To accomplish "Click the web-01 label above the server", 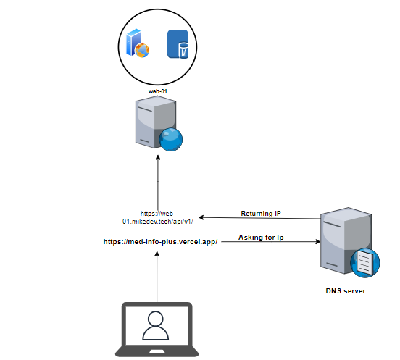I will click(x=158, y=92).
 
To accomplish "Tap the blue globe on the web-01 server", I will click(x=171, y=140).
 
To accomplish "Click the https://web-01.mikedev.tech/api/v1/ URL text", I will click(x=157, y=217).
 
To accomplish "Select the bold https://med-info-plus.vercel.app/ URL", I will click(x=161, y=241).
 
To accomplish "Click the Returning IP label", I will click(x=261, y=213).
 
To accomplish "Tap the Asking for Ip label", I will click(x=261, y=238).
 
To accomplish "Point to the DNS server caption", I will click(x=342, y=290).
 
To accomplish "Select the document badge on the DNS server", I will click(x=364, y=262).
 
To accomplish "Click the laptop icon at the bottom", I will click(x=156, y=330).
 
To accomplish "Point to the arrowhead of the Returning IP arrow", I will click(x=203, y=218).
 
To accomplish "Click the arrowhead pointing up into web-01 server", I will click(x=157, y=163).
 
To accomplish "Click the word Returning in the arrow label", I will click(x=254, y=213).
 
